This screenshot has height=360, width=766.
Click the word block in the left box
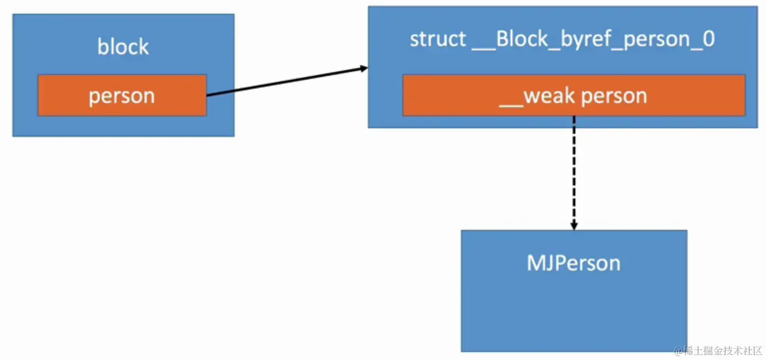click(123, 47)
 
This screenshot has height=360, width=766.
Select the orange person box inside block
click(122, 96)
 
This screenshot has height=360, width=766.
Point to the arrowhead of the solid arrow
click(364, 69)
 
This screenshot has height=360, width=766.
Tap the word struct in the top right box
click(438, 40)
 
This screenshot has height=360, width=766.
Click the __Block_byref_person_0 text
click(594, 40)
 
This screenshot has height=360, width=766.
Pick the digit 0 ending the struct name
click(708, 40)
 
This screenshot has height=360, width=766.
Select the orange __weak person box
click(573, 96)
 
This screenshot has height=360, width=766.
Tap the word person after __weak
click(614, 96)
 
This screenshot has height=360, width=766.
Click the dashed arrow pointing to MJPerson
click(574, 171)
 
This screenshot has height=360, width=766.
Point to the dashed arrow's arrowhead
click(574, 226)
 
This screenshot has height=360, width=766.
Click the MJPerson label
click(573, 263)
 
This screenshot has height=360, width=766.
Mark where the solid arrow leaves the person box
click(208, 96)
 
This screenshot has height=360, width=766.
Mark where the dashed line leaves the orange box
click(574, 117)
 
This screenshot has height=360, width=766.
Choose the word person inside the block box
click(122, 96)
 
